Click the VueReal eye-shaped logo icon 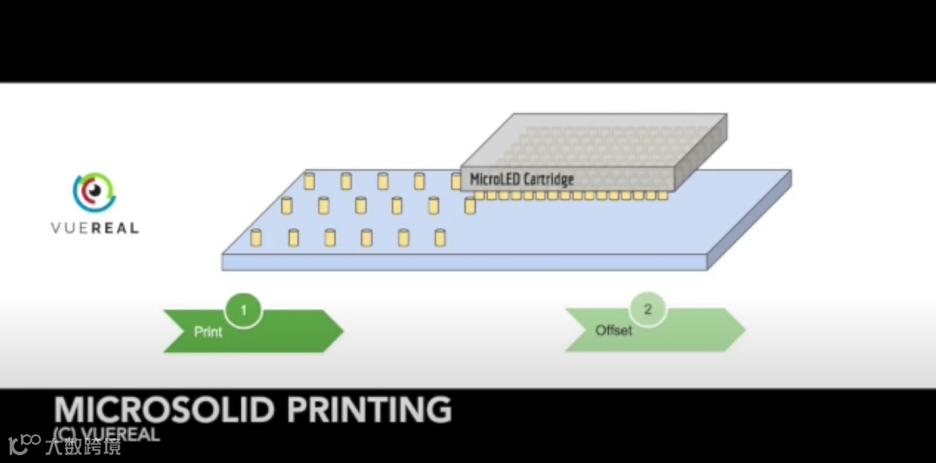click(x=94, y=193)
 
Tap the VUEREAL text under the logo click(x=94, y=228)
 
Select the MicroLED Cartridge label click(x=521, y=179)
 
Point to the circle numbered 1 click(x=244, y=310)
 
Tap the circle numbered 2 click(x=648, y=309)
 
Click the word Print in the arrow click(x=208, y=332)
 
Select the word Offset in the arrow click(x=614, y=331)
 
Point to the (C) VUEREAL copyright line click(x=106, y=434)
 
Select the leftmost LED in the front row click(x=256, y=238)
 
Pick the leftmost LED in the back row click(x=309, y=181)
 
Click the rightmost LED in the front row click(x=439, y=237)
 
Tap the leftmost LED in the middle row click(x=287, y=206)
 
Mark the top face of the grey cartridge click(x=598, y=139)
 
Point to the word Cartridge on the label click(x=548, y=179)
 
